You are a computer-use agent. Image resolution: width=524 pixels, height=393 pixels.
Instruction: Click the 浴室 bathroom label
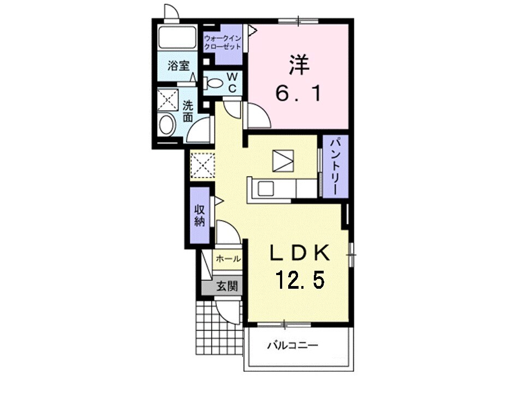coord(178,66)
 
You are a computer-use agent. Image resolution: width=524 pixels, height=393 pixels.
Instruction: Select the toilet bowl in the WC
coord(213,83)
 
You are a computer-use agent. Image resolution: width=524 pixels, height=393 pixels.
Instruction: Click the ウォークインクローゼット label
coord(223,43)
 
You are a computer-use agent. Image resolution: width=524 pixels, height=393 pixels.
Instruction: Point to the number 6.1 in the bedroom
coord(299,93)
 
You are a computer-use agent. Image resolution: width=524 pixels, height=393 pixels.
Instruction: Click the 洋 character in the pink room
coord(299,64)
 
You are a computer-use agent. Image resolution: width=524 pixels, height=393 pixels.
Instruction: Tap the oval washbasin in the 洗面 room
coord(167,125)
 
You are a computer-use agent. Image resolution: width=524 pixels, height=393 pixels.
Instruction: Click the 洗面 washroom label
coord(188,111)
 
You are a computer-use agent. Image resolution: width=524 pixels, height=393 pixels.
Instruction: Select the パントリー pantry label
coord(336,166)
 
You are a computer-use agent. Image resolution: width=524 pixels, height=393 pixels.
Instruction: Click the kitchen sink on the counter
coord(265,189)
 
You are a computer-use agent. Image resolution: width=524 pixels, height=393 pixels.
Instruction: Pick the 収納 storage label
coord(200,216)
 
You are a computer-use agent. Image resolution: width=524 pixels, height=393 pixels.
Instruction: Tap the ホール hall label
coord(228,259)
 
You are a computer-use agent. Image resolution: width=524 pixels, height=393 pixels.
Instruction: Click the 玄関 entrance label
coord(227,286)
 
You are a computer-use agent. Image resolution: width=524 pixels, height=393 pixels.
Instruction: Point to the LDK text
coord(300,253)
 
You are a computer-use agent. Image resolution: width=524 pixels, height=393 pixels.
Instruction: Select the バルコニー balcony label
coord(293,345)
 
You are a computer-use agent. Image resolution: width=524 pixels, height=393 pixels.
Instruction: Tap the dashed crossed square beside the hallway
coord(202,165)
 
